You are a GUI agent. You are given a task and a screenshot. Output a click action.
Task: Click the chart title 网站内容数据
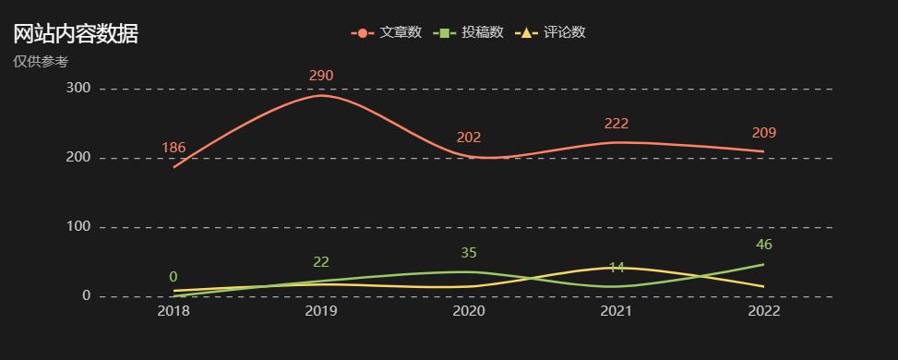(76, 34)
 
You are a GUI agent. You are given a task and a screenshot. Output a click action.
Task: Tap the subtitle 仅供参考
(41, 62)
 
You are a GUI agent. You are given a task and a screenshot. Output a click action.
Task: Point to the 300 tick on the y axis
(78, 89)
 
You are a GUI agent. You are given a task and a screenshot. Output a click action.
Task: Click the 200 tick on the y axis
(78, 158)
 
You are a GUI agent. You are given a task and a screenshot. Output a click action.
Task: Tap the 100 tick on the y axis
(78, 227)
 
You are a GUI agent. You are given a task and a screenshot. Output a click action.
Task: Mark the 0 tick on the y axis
(86, 296)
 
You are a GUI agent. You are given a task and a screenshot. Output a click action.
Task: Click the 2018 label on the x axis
(174, 311)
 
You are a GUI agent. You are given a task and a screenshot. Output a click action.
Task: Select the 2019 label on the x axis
(321, 311)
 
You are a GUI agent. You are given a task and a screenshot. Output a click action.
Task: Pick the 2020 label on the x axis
(469, 311)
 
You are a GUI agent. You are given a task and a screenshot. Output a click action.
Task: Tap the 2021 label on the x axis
(617, 311)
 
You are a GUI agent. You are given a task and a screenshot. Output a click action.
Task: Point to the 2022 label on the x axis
(763, 311)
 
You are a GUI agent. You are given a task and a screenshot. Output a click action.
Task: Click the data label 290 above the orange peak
(321, 76)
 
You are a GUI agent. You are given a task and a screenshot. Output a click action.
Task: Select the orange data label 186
(174, 148)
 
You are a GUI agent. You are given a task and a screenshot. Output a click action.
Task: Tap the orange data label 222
(617, 124)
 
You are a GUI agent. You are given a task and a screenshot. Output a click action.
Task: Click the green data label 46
(763, 245)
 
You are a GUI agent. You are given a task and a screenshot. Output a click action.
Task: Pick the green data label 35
(469, 253)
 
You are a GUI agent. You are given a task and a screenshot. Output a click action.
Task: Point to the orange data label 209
(763, 133)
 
